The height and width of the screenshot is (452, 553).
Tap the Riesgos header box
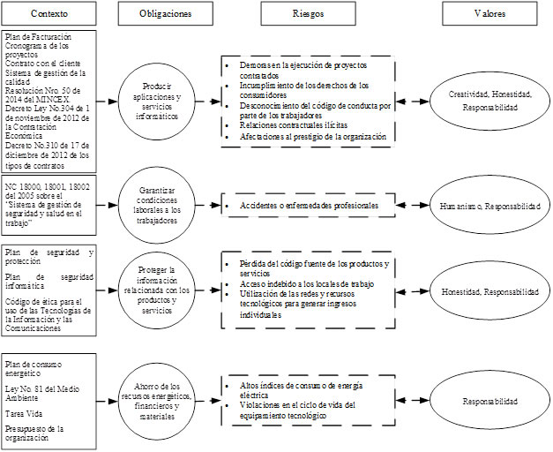[x=306, y=15]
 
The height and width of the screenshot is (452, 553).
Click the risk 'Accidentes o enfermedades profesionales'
[x=309, y=206]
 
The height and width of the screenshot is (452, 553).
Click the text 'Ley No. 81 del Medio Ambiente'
[x=44, y=394]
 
